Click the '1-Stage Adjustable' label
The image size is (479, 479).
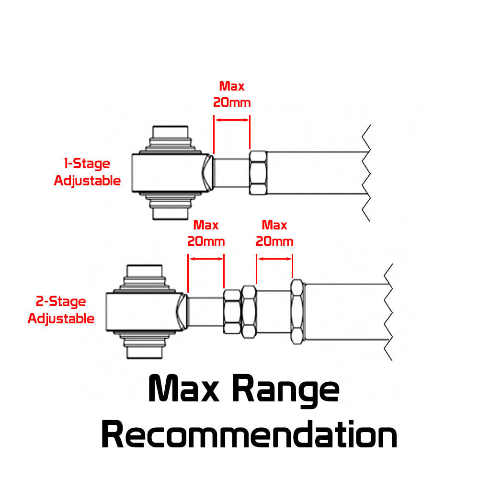tap(87, 172)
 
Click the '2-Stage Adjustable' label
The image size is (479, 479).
tap(61, 310)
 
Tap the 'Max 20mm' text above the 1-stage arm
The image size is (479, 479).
tap(232, 94)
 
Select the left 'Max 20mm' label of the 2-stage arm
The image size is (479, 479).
tap(206, 233)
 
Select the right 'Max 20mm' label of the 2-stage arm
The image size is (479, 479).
tap(274, 233)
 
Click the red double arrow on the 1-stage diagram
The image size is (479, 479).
tap(232, 120)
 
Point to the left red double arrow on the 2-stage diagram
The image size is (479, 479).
tap(206, 259)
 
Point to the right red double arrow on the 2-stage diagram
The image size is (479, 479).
tap(274, 259)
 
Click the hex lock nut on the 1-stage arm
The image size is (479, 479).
tap(258, 172)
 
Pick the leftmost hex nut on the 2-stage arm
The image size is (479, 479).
tap(232, 312)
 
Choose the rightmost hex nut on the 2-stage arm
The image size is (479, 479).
tap(297, 312)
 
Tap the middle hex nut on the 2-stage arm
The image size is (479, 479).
tap(249, 312)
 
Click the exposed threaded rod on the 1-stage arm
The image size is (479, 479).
tap(231, 172)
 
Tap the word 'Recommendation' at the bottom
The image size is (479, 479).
tap(249, 434)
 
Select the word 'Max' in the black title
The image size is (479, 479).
tap(183, 388)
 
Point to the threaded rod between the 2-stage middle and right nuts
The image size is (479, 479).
tap(274, 312)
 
